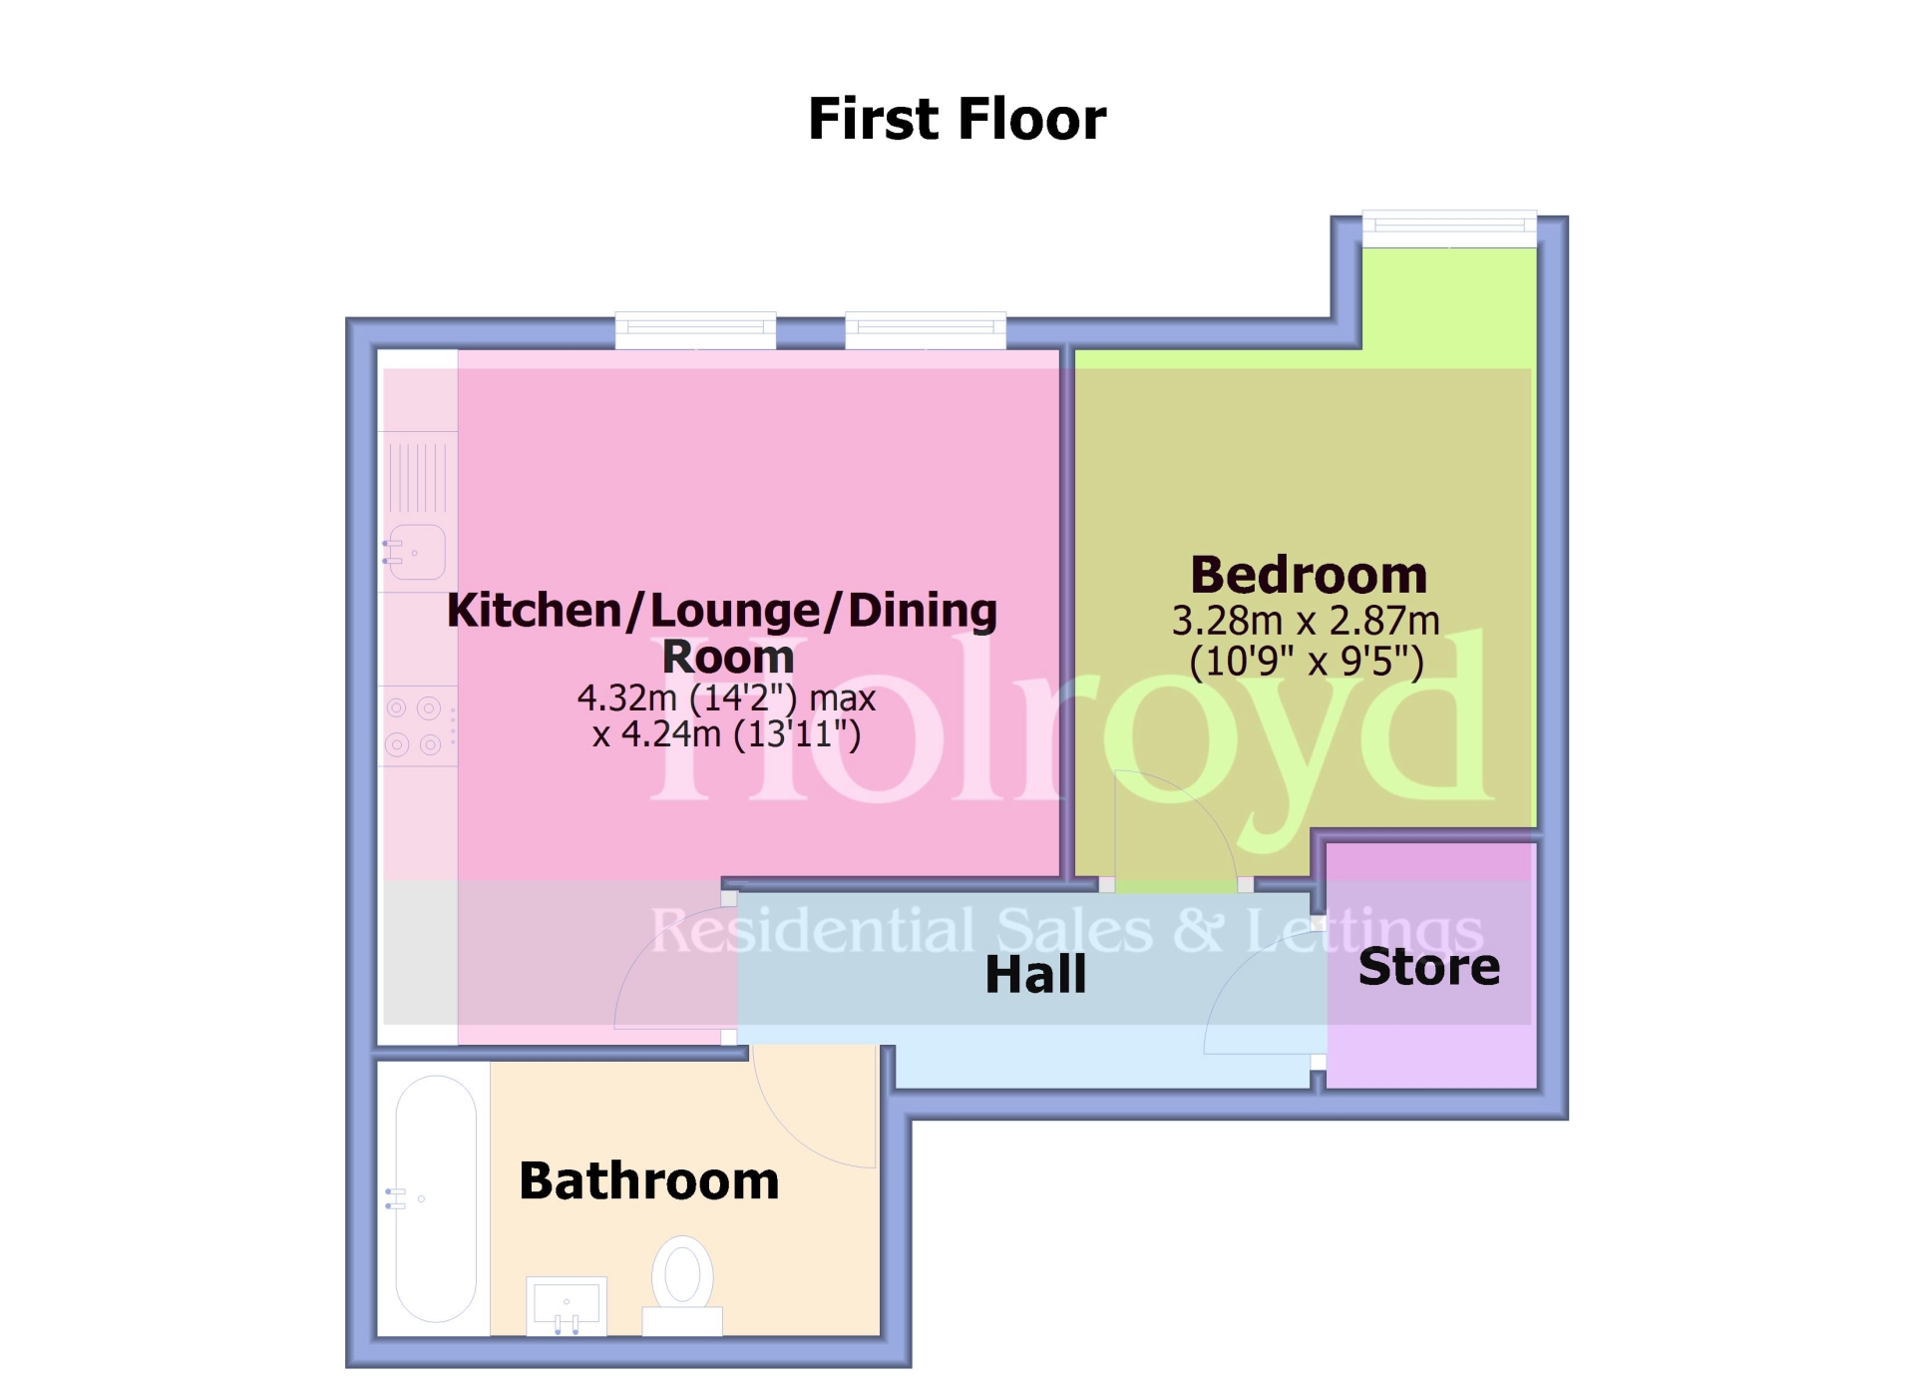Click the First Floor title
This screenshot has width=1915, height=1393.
[x=957, y=119]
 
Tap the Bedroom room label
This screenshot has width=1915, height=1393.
[x=1308, y=576]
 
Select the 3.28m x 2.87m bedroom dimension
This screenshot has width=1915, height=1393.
[x=1306, y=622]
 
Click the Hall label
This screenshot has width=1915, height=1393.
[x=1035, y=975]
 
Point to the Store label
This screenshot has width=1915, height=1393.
[x=1428, y=967]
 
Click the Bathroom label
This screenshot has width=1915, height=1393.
[x=648, y=1180]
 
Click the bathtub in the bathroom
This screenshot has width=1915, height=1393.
[x=436, y=1198]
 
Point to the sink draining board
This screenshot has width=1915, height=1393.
[x=418, y=478]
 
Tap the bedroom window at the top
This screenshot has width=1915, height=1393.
[x=1449, y=229]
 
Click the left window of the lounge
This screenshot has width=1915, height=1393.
[x=695, y=329]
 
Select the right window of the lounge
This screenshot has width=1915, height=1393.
[x=926, y=329]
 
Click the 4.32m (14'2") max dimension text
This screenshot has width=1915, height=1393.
[x=726, y=697]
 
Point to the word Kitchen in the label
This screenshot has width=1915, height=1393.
[x=535, y=610]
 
